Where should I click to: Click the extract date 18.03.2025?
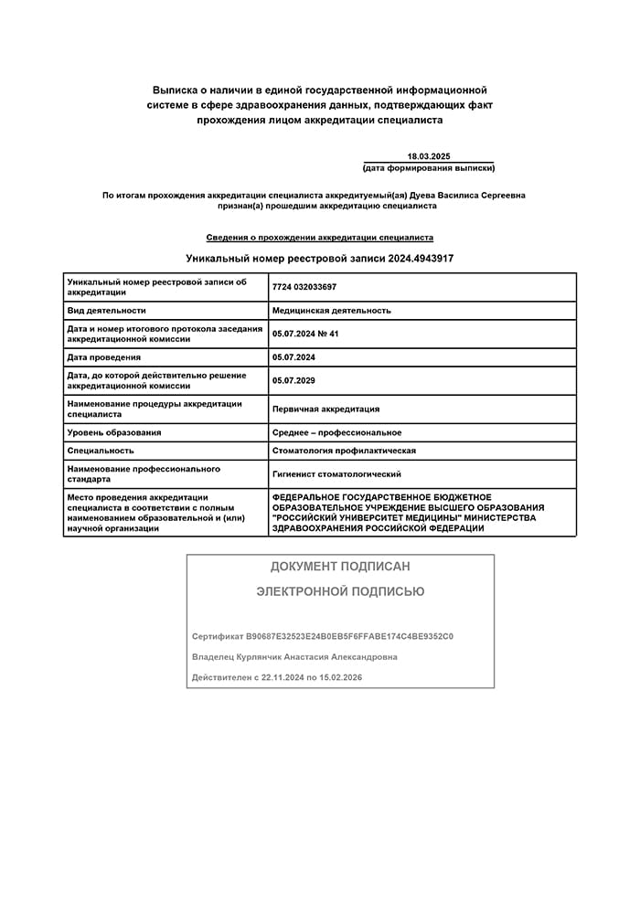[x=429, y=156]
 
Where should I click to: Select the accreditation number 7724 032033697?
[x=304, y=287]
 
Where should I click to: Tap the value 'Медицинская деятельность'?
[x=331, y=311]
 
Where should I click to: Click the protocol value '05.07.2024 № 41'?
[x=305, y=334]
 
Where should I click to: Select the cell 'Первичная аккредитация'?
[x=325, y=409]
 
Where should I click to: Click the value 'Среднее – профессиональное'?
[x=336, y=432]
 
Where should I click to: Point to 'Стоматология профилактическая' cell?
[x=344, y=451]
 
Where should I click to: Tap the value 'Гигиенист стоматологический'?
[x=336, y=474]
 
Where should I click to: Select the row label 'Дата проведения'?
[x=104, y=357]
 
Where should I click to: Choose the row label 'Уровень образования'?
[x=114, y=432]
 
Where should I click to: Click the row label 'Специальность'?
[x=101, y=451]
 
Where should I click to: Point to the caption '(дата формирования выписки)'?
[x=429, y=168]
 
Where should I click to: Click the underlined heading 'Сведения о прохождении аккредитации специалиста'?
[x=320, y=237]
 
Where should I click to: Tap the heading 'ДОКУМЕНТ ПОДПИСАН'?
[x=340, y=567]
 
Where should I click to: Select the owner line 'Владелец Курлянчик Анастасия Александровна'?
[x=294, y=657]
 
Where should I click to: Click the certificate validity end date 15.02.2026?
[x=340, y=677]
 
